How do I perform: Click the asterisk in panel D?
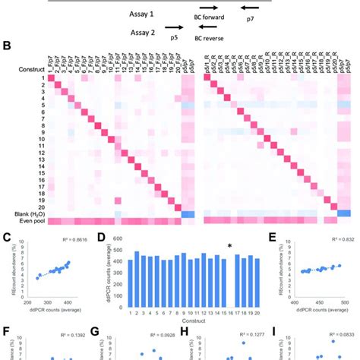click(240, 245)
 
